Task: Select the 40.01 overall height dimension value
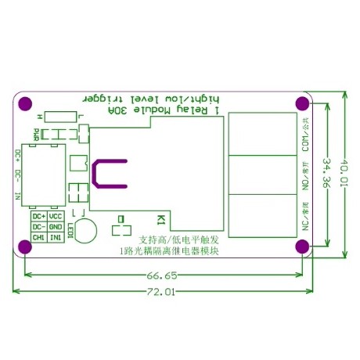pos(347,171)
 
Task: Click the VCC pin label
pos(56,216)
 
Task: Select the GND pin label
pos(56,226)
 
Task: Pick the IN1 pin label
pos(56,236)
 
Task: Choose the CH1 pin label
pos(38,236)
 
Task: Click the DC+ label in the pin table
pos(38,216)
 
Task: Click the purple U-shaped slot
pos(107,174)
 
